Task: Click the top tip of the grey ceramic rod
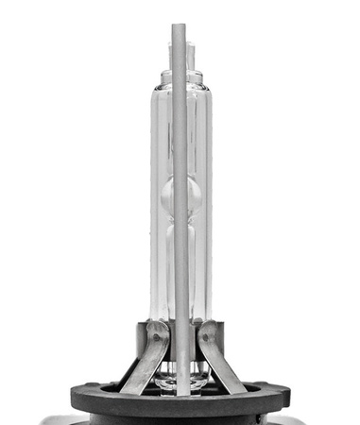point(176,27)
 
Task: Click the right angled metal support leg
point(223,364)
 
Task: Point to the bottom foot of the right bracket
point(237,388)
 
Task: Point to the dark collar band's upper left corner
point(138,323)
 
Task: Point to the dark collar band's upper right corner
point(225,323)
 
